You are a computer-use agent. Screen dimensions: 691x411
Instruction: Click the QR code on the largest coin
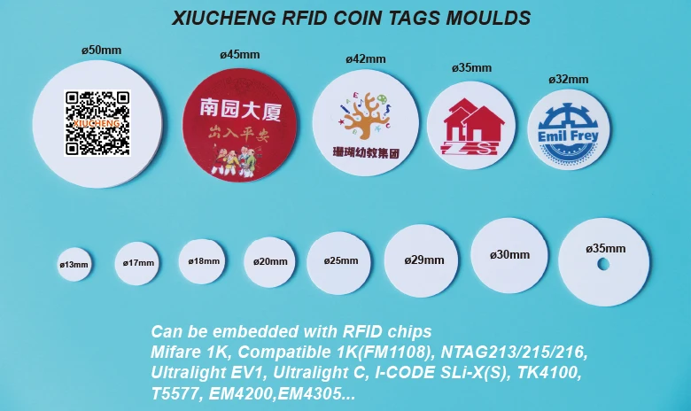[97, 122]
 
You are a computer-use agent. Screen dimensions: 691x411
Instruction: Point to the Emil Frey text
[568, 136]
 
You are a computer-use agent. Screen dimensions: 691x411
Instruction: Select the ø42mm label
[365, 59]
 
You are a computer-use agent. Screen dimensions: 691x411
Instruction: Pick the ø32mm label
[568, 79]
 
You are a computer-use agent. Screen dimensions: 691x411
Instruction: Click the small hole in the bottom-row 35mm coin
[603, 264]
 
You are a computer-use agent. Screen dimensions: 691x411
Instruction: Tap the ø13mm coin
[74, 264]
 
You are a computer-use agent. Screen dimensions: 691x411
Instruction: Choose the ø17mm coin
[137, 263]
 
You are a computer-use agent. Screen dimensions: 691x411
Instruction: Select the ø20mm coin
[269, 261]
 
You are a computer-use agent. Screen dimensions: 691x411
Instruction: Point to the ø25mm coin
[341, 260]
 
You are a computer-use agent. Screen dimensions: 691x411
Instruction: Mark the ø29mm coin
[423, 260]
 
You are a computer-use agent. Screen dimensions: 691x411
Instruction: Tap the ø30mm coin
[509, 255]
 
